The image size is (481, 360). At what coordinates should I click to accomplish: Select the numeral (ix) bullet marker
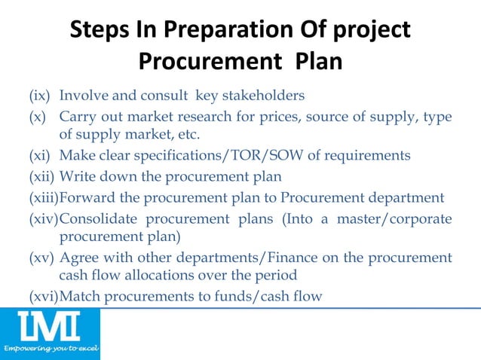41,96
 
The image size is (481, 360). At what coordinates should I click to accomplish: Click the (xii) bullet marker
42,177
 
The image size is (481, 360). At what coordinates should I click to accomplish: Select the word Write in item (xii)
76,177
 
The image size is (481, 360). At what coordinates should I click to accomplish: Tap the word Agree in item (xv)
78,258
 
